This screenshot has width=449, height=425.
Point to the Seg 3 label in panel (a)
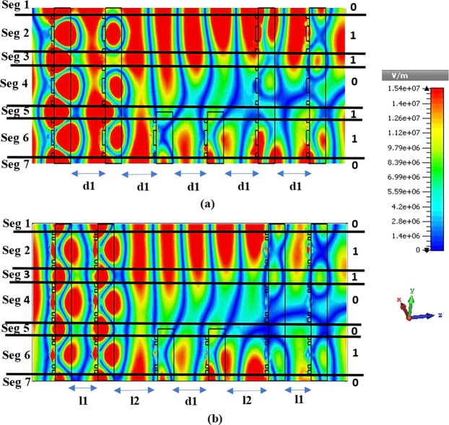(x=16, y=56)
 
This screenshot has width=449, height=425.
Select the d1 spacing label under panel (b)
(x=191, y=399)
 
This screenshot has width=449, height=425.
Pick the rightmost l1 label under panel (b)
(x=297, y=399)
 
